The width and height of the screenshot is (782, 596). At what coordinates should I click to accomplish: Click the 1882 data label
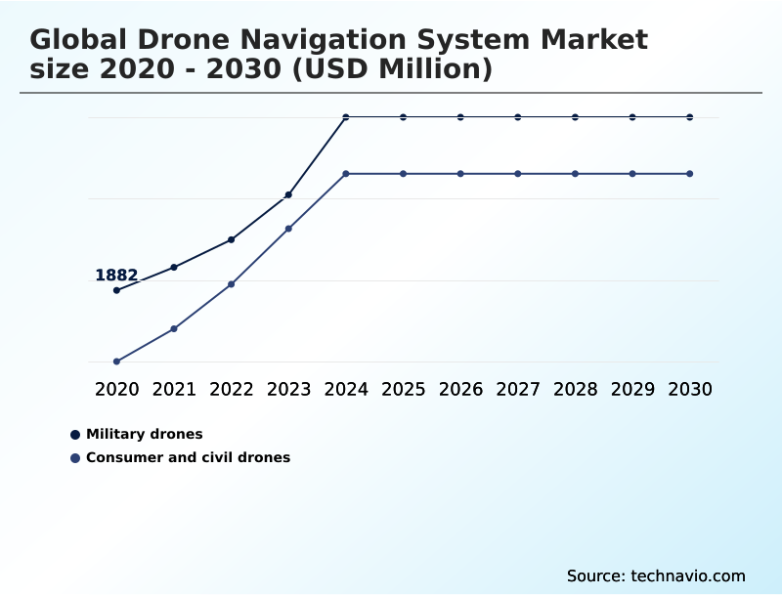click(x=116, y=276)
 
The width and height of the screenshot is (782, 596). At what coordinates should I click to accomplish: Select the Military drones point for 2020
click(x=116, y=290)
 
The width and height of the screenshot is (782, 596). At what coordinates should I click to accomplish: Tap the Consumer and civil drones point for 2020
click(x=116, y=362)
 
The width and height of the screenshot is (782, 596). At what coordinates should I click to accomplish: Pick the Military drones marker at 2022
click(x=231, y=239)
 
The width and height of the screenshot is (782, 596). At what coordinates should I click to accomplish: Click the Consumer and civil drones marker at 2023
click(x=288, y=229)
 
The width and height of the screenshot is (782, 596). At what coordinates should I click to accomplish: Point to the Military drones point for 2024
click(x=346, y=117)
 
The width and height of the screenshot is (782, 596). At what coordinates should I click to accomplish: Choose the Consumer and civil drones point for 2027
click(x=518, y=174)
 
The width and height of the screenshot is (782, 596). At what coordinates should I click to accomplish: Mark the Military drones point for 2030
click(x=690, y=117)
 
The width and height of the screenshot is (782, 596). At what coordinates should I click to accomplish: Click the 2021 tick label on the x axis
click(x=174, y=389)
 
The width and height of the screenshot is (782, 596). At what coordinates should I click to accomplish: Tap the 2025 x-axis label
click(x=403, y=389)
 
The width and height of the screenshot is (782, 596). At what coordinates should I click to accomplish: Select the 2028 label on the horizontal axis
click(x=575, y=389)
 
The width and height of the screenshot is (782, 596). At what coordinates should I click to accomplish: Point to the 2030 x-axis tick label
click(x=690, y=389)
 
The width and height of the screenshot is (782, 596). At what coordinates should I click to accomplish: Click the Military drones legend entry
click(x=144, y=434)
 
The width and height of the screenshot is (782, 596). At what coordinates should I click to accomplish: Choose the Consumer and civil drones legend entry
click(x=188, y=457)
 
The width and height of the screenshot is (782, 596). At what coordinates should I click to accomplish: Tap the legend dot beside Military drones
click(x=75, y=434)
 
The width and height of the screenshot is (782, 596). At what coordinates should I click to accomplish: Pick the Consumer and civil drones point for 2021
click(x=174, y=328)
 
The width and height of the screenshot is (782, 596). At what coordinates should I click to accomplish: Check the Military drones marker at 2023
click(x=288, y=195)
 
